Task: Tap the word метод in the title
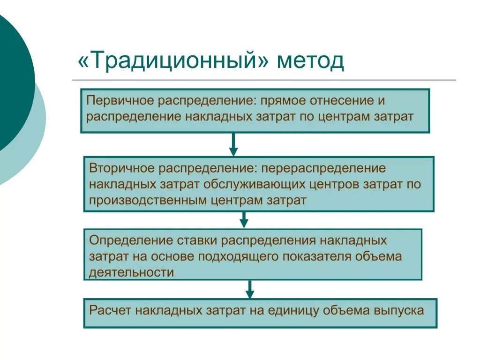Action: [x=310, y=61]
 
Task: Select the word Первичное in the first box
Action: [x=119, y=101]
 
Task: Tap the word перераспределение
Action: [x=323, y=168]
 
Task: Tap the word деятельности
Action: [x=132, y=272]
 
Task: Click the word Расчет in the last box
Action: [x=110, y=310]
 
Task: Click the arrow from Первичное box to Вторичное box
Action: [x=233, y=145]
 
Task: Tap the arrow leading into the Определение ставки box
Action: [x=244, y=220]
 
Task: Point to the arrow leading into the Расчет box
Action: [x=250, y=289]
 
